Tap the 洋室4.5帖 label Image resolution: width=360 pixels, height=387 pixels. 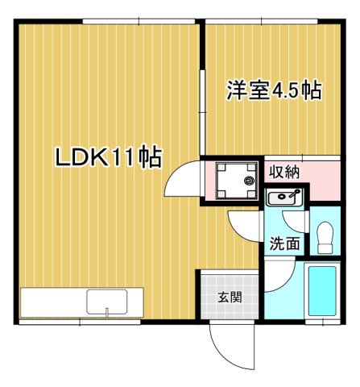point(275,89)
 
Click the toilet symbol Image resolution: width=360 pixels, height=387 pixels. point(326,237)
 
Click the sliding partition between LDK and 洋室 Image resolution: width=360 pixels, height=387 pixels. point(201,89)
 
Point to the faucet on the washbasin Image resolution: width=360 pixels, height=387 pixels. point(296,194)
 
